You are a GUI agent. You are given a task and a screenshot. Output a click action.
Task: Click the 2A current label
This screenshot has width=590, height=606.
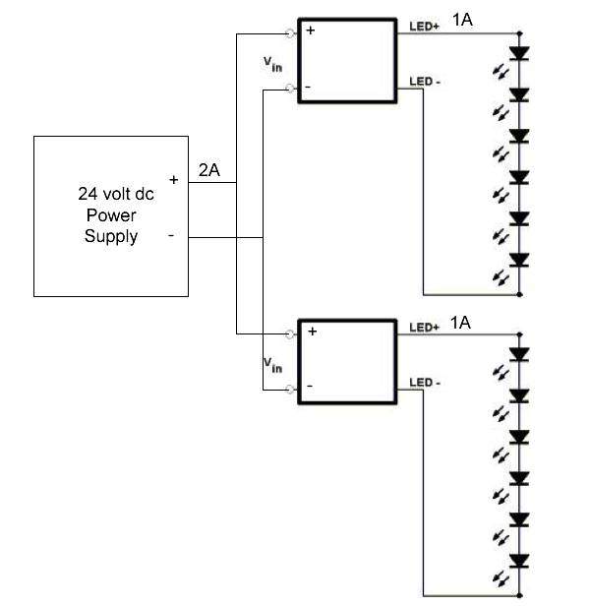coord(209,170)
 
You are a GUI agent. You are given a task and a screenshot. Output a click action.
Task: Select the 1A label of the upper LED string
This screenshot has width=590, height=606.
coord(461,20)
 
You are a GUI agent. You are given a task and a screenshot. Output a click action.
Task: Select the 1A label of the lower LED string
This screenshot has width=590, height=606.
coord(461,322)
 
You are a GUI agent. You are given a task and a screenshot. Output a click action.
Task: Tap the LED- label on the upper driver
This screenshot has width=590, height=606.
coord(424,82)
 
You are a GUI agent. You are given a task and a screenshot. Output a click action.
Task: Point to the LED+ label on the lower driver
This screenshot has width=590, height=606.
coord(423,328)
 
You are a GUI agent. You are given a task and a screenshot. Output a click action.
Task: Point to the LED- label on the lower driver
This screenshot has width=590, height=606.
coord(424,383)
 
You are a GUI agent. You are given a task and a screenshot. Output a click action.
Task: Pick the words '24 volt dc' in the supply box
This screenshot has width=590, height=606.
coord(116,194)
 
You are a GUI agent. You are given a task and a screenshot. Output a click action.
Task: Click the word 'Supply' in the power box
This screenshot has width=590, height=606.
coord(111,236)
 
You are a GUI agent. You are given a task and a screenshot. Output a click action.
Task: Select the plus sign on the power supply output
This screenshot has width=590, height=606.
coord(173,181)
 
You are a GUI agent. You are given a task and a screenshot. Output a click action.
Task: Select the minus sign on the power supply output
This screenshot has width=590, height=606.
coord(173,236)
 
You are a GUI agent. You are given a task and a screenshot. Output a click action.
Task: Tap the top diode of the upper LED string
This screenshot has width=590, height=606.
coord(520,54)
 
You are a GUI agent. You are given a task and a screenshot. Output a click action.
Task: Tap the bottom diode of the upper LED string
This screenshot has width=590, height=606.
coord(520,260)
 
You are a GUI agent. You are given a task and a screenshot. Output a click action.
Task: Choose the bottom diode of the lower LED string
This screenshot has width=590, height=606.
coord(520,560)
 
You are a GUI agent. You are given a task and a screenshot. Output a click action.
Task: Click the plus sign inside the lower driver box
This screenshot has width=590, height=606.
coord(312,332)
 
